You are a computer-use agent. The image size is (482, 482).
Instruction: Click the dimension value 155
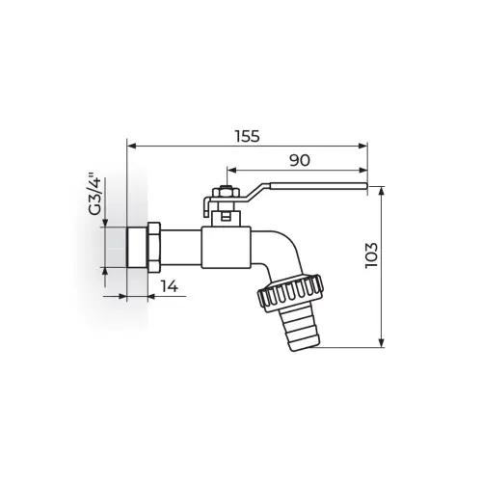point(247,136)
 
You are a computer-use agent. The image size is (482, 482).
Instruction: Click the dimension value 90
point(300,160)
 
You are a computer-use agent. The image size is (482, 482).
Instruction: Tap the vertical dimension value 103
point(371,255)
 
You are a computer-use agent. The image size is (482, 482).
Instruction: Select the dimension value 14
point(170,286)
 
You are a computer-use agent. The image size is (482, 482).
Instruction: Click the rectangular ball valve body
point(226,247)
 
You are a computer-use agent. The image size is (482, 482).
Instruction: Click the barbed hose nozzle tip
point(302,330)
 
